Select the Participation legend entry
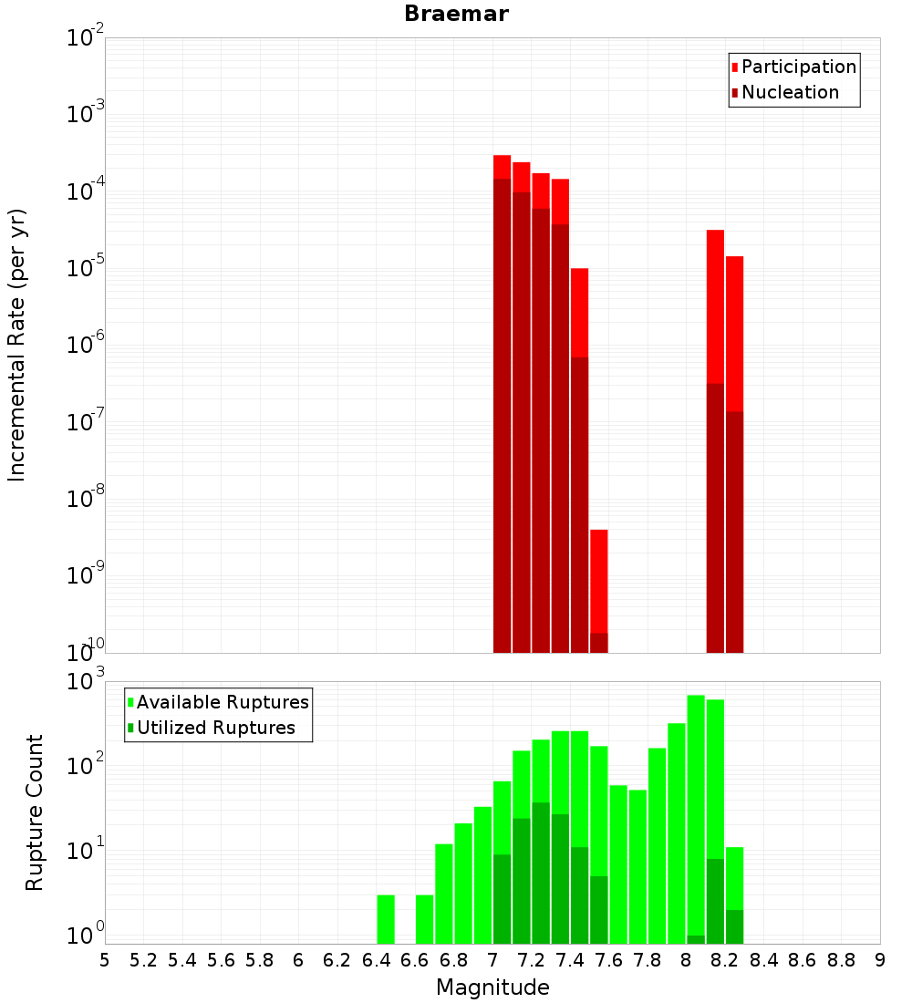pyautogui.click(x=793, y=67)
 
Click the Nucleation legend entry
pyautogui.click(x=784, y=93)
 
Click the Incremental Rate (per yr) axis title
pyautogui.click(x=17, y=346)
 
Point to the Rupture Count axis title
pyautogui.click(x=35, y=812)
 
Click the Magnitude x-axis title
pyautogui.click(x=492, y=987)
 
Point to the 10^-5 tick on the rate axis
pyautogui.click(x=85, y=268)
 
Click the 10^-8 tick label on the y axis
pyautogui.click(x=85, y=499)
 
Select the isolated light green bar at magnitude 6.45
pyautogui.click(x=386, y=919)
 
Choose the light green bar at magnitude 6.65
pyautogui.click(x=425, y=919)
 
